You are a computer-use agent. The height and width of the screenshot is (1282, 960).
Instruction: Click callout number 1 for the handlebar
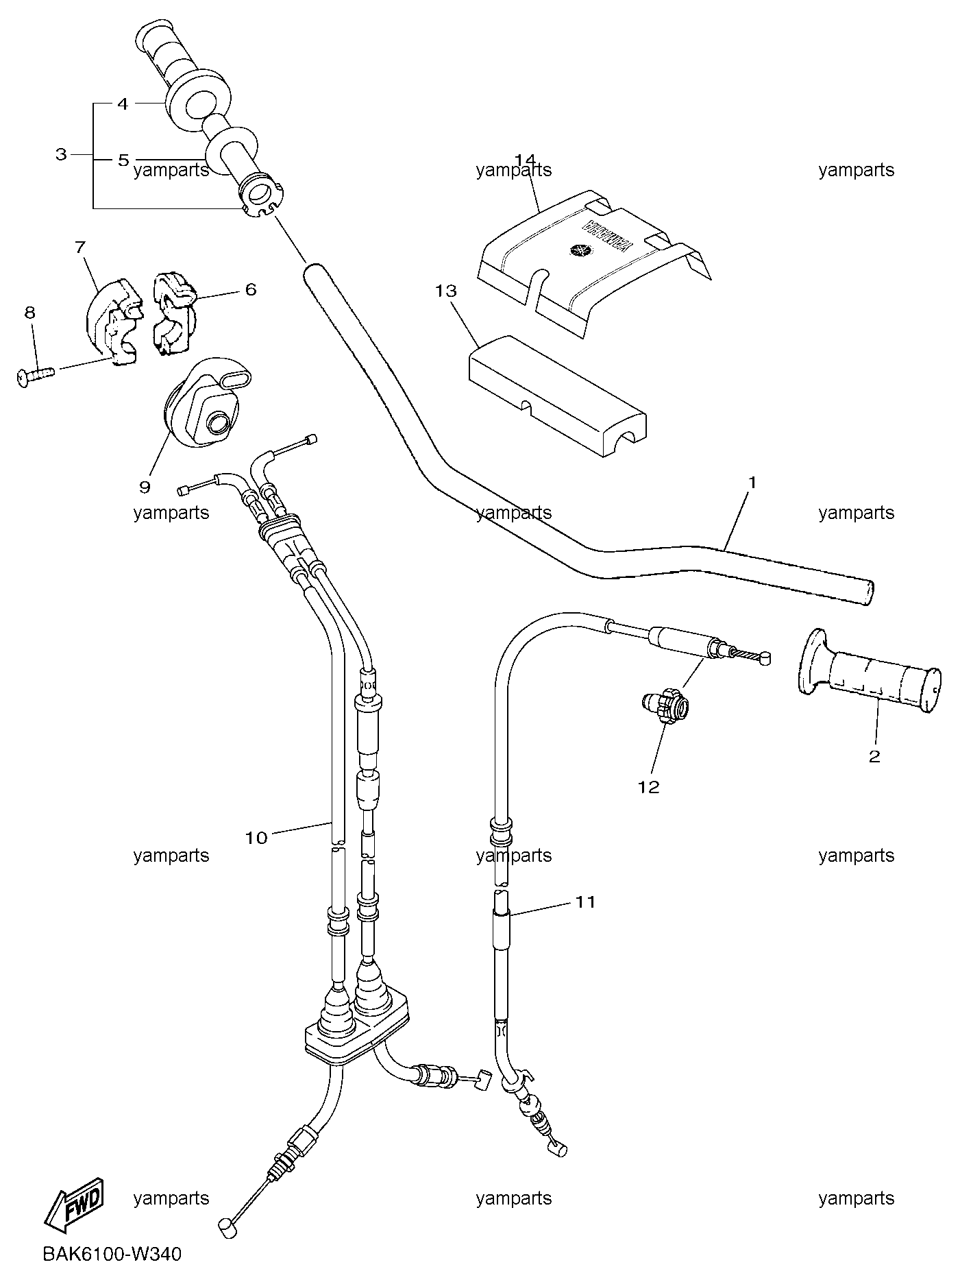pos(752,483)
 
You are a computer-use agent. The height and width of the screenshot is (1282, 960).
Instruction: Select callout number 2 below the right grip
pos(874,757)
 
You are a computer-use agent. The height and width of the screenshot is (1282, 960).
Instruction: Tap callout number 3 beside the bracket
pos(61,154)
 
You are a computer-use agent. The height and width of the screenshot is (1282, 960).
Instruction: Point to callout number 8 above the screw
pos(29,313)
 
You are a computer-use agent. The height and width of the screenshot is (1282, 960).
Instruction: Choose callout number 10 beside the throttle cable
pos(256,838)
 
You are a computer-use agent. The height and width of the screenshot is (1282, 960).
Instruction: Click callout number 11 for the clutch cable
pos(585,902)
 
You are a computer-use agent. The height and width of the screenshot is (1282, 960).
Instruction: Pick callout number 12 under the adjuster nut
pos(648,787)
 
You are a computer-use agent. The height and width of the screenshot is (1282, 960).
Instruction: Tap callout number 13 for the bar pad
pos(445,291)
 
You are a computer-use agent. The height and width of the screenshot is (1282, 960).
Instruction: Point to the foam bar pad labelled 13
pos(556,396)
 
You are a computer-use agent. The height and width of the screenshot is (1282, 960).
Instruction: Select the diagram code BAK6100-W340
pos(112,1254)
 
